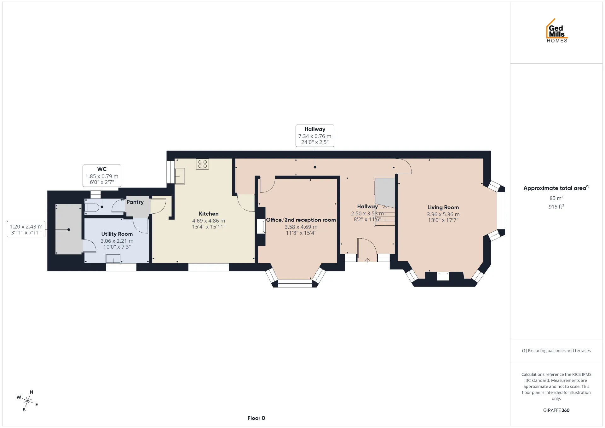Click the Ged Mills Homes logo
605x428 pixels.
(557, 31)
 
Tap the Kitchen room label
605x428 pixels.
(209, 214)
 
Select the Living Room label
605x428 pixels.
(443, 207)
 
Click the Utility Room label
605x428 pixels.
(117, 234)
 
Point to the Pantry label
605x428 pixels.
(135, 202)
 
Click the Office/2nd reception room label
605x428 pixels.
(301, 220)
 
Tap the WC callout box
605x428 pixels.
(102, 176)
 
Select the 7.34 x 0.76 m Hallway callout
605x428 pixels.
(315, 136)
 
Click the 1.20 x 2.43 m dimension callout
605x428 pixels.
(26, 229)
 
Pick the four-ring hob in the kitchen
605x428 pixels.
(202, 164)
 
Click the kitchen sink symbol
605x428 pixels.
(180, 176)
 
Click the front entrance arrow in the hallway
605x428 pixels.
(367, 260)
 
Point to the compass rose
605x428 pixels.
(28, 401)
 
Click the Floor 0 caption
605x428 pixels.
(256, 418)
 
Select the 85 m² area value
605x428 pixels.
(556, 198)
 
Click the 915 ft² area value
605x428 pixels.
(556, 206)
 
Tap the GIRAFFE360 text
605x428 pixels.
(556, 410)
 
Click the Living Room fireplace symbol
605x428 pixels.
(443, 276)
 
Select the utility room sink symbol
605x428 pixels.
(113, 259)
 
